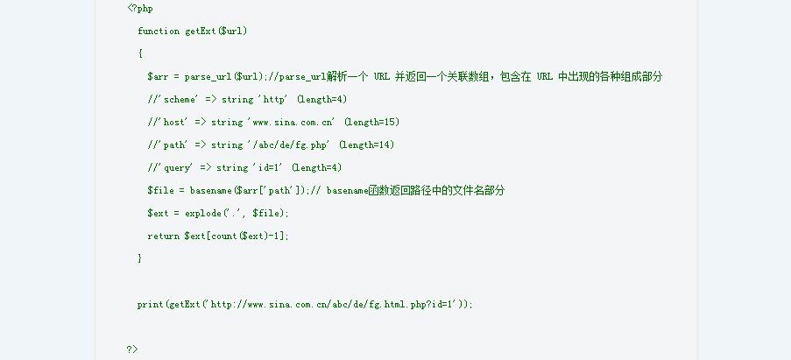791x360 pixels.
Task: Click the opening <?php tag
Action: tap(140, 9)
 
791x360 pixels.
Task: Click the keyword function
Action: tap(159, 32)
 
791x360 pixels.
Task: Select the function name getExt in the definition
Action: tap(201, 32)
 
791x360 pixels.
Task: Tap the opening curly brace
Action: tap(140, 53)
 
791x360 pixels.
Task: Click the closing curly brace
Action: tap(140, 258)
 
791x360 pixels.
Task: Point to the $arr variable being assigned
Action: tap(158, 76)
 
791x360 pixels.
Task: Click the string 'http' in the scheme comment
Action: tap(274, 99)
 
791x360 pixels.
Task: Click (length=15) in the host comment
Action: tap(371, 122)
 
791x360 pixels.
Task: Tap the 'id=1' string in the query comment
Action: tap(268, 167)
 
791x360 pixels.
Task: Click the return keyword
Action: tap(164, 236)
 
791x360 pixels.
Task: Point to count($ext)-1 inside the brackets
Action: tap(240, 236)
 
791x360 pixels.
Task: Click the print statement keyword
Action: tap(151, 305)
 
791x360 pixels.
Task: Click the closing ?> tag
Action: tap(132, 349)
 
